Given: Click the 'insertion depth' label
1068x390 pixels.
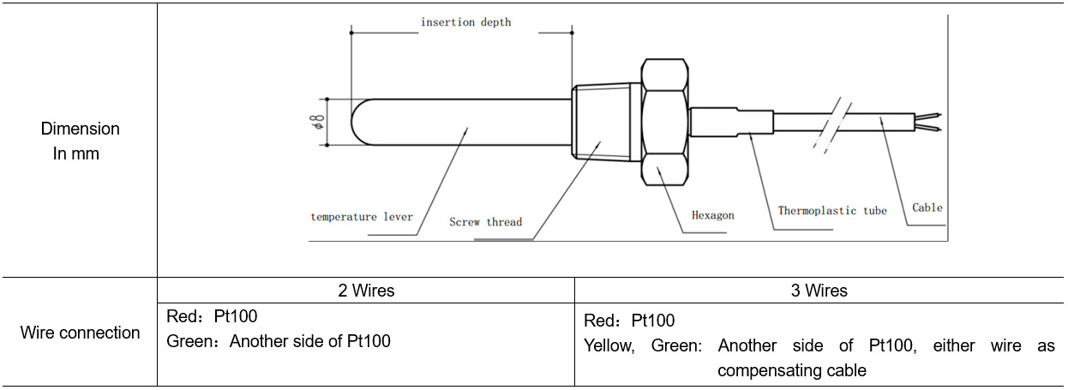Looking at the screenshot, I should point(465,22).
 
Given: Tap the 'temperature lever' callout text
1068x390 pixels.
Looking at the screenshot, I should point(361,217).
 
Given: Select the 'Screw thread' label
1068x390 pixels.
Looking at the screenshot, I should point(485,222).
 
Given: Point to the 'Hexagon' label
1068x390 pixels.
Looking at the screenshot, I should point(713,215).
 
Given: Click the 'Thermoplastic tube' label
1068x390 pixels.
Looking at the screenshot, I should point(831,210).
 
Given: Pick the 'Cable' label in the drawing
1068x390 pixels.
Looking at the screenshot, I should point(927,207).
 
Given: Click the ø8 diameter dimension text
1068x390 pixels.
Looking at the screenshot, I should point(319,122).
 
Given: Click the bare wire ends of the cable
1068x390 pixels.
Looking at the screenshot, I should point(929,123).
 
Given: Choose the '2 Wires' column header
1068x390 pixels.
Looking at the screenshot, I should point(366,291).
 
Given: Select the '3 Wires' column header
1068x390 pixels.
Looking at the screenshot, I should point(819,291).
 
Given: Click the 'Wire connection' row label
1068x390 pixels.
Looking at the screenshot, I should point(80,333).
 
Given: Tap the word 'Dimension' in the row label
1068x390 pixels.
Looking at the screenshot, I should point(80,129).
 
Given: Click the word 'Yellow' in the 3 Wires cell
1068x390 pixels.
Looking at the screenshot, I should point(609,346).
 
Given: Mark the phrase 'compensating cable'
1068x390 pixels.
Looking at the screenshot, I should point(791,370).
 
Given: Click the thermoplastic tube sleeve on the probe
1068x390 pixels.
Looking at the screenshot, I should point(732,122).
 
